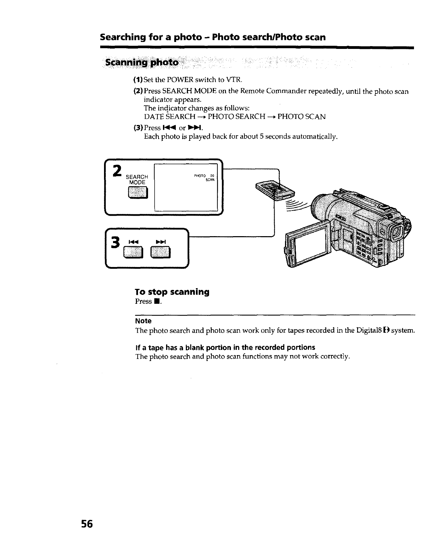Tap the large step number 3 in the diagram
coord(116,242)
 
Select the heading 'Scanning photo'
coord(142,63)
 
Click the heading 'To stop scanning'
coord(172,292)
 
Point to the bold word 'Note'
coord(143,321)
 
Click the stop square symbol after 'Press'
coord(157,301)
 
